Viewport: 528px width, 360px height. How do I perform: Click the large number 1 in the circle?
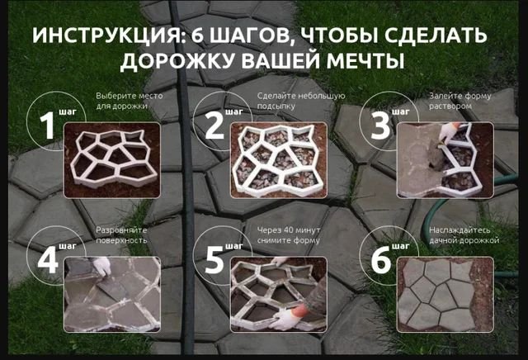pos(47,126)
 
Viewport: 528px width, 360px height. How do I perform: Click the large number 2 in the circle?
pos(214,126)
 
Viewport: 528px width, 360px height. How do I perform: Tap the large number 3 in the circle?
pos(381,126)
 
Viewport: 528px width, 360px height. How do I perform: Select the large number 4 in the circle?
pos(47,260)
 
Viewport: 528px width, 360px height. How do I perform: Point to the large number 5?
pos(214,260)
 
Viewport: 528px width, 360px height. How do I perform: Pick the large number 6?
pos(381,260)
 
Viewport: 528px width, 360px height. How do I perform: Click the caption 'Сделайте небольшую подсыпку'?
pos(300,101)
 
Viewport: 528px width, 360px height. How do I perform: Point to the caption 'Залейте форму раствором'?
pos(460,101)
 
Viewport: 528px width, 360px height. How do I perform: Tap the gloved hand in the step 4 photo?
pos(101,266)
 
